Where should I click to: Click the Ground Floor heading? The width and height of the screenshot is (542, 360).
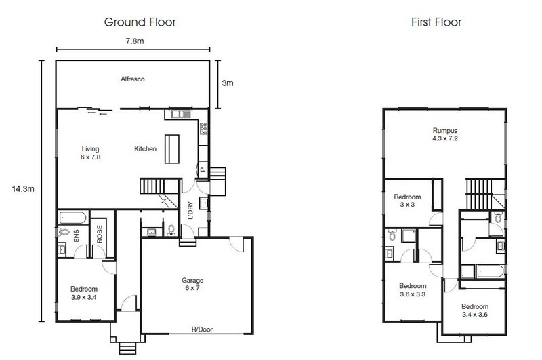pos(140,22)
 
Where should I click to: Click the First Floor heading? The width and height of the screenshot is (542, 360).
pos(436,22)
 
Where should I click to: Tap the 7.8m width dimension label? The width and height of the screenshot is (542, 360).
pos(135,41)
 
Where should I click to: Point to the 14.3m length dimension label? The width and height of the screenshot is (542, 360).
pos(23,189)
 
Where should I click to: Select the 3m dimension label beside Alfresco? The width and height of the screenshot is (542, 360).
pos(228,83)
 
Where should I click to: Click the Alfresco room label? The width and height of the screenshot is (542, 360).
pos(133,79)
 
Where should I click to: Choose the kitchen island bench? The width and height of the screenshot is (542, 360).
pos(172,148)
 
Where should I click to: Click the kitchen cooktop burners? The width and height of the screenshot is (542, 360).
pos(203,128)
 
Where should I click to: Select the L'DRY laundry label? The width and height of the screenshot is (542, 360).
pos(190,211)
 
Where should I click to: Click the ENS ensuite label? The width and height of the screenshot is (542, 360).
pos(77,235)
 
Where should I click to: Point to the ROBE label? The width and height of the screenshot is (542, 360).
pos(100,234)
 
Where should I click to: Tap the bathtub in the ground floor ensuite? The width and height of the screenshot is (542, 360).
pos(73,218)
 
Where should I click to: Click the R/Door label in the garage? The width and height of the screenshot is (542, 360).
pos(202,329)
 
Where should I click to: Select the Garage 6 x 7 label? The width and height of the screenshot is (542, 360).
pos(192,284)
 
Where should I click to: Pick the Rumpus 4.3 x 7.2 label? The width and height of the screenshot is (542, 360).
pos(445,134)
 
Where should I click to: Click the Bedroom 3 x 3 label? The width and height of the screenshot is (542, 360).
pos(408,201)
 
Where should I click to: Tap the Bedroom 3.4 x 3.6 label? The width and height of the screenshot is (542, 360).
pos(475,311)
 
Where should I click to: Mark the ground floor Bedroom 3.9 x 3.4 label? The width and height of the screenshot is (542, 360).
pos(84,293)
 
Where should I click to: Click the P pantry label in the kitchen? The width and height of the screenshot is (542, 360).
pos(203,169)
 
